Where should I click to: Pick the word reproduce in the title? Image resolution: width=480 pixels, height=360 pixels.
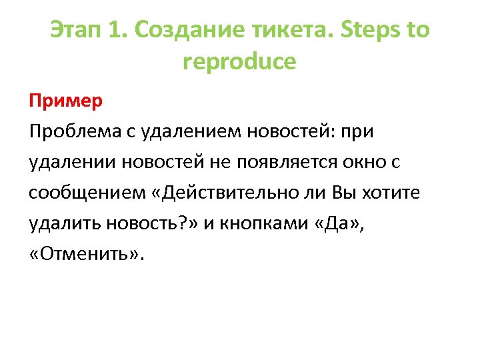tap(239, 62)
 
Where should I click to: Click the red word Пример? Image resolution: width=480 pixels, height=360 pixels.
tap(65, 101)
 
